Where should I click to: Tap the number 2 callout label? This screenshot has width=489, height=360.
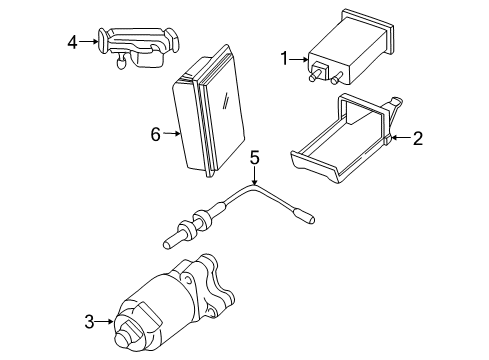point(419,139)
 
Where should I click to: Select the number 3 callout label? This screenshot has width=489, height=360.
point(88,321)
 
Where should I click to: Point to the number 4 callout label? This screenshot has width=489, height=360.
point(72,42)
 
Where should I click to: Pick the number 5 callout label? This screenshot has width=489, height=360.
point(255,157)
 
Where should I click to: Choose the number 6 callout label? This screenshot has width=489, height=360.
point(156,132)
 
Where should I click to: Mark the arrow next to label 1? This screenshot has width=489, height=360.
point(300,59)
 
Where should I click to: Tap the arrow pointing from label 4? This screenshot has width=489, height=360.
point(87,42)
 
